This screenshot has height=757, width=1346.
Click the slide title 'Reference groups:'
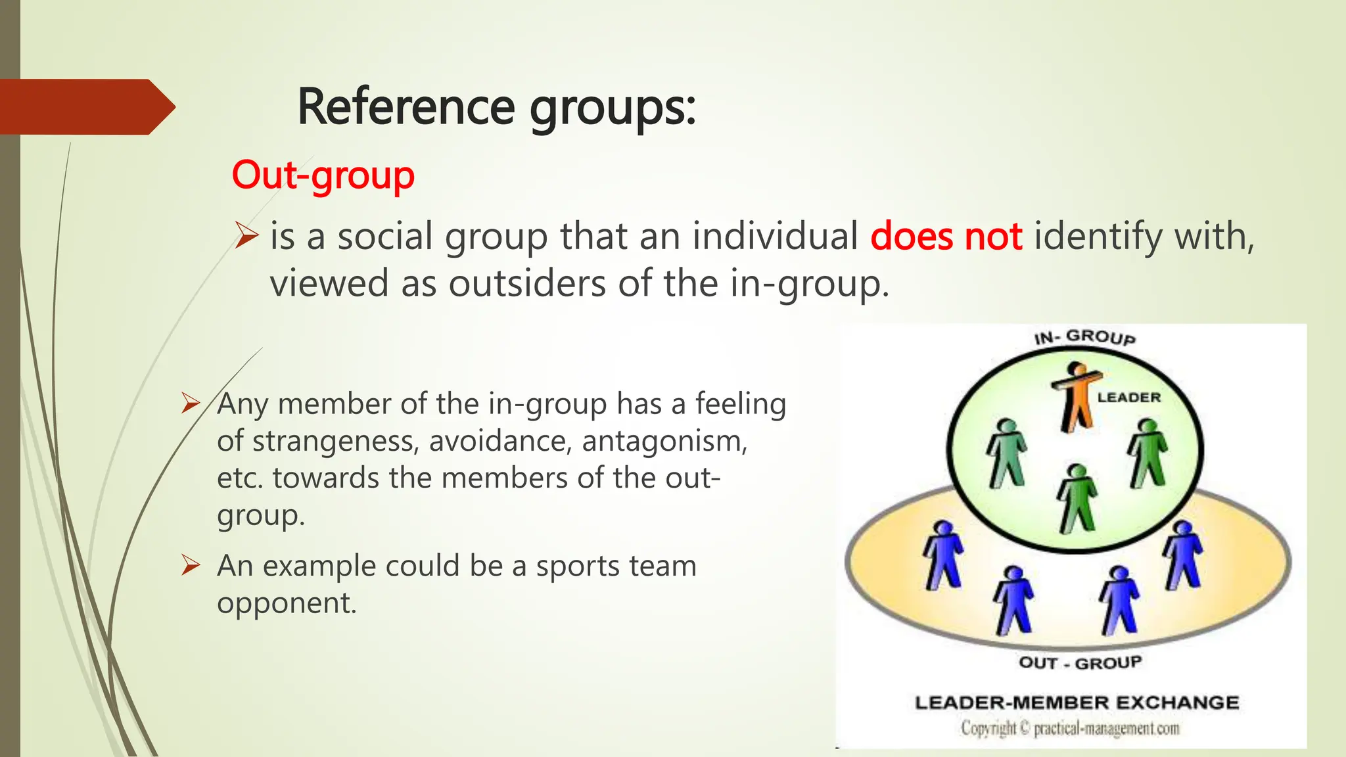(496, 107)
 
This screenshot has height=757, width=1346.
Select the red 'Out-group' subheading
(323, 175)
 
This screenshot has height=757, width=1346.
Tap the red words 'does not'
(946, 237)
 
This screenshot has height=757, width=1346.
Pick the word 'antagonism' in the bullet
(664, 441)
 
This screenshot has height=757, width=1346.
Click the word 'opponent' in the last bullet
(287, 603)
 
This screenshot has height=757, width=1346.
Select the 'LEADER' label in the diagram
(1128, 398)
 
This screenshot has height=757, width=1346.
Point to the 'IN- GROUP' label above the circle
(1084, 337)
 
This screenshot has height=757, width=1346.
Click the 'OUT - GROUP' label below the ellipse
(1080, 662)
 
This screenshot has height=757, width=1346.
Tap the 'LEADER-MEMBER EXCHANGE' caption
(1077, 702)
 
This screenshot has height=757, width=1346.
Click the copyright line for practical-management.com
(1070, 729)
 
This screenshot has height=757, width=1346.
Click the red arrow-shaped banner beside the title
(85, 107)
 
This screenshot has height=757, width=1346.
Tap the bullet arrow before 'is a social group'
(246, 235)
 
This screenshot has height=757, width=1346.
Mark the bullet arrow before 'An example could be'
(191, 564)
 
